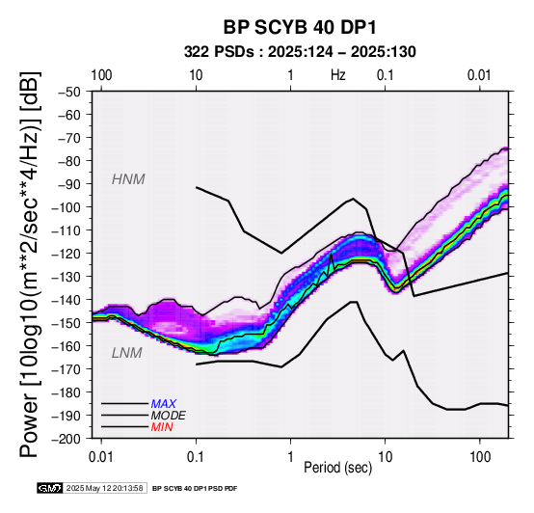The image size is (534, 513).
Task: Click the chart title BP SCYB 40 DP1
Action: pos(300,27)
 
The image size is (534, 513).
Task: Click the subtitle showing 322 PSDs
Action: pos(300,52)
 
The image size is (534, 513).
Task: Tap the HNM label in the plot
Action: pos(128,179)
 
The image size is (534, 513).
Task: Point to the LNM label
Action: pos(126,353)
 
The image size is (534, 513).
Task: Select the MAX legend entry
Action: pos(164,404)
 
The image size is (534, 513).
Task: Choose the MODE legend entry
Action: pos(169,416)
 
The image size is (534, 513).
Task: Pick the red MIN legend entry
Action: pos(162,427)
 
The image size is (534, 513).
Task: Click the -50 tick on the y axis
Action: pos(69,92)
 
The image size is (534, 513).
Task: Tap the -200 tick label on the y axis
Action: pos(67,439)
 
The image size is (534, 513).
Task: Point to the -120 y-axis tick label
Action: pos(67,254)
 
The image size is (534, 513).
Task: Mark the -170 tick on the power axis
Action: pos(67,369)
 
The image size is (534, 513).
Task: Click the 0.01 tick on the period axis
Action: pos(101,457)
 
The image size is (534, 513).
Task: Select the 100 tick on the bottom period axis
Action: pos(480,457)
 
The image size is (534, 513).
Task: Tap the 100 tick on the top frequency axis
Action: pos(101,75)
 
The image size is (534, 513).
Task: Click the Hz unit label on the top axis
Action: pos(338,75)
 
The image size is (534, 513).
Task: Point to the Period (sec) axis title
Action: pos(337,468)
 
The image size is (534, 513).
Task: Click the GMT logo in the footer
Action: pos(50,488)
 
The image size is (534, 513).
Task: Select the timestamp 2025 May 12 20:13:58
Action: pos(104,488)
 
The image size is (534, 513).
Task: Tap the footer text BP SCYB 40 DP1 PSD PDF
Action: pos(195,489)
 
